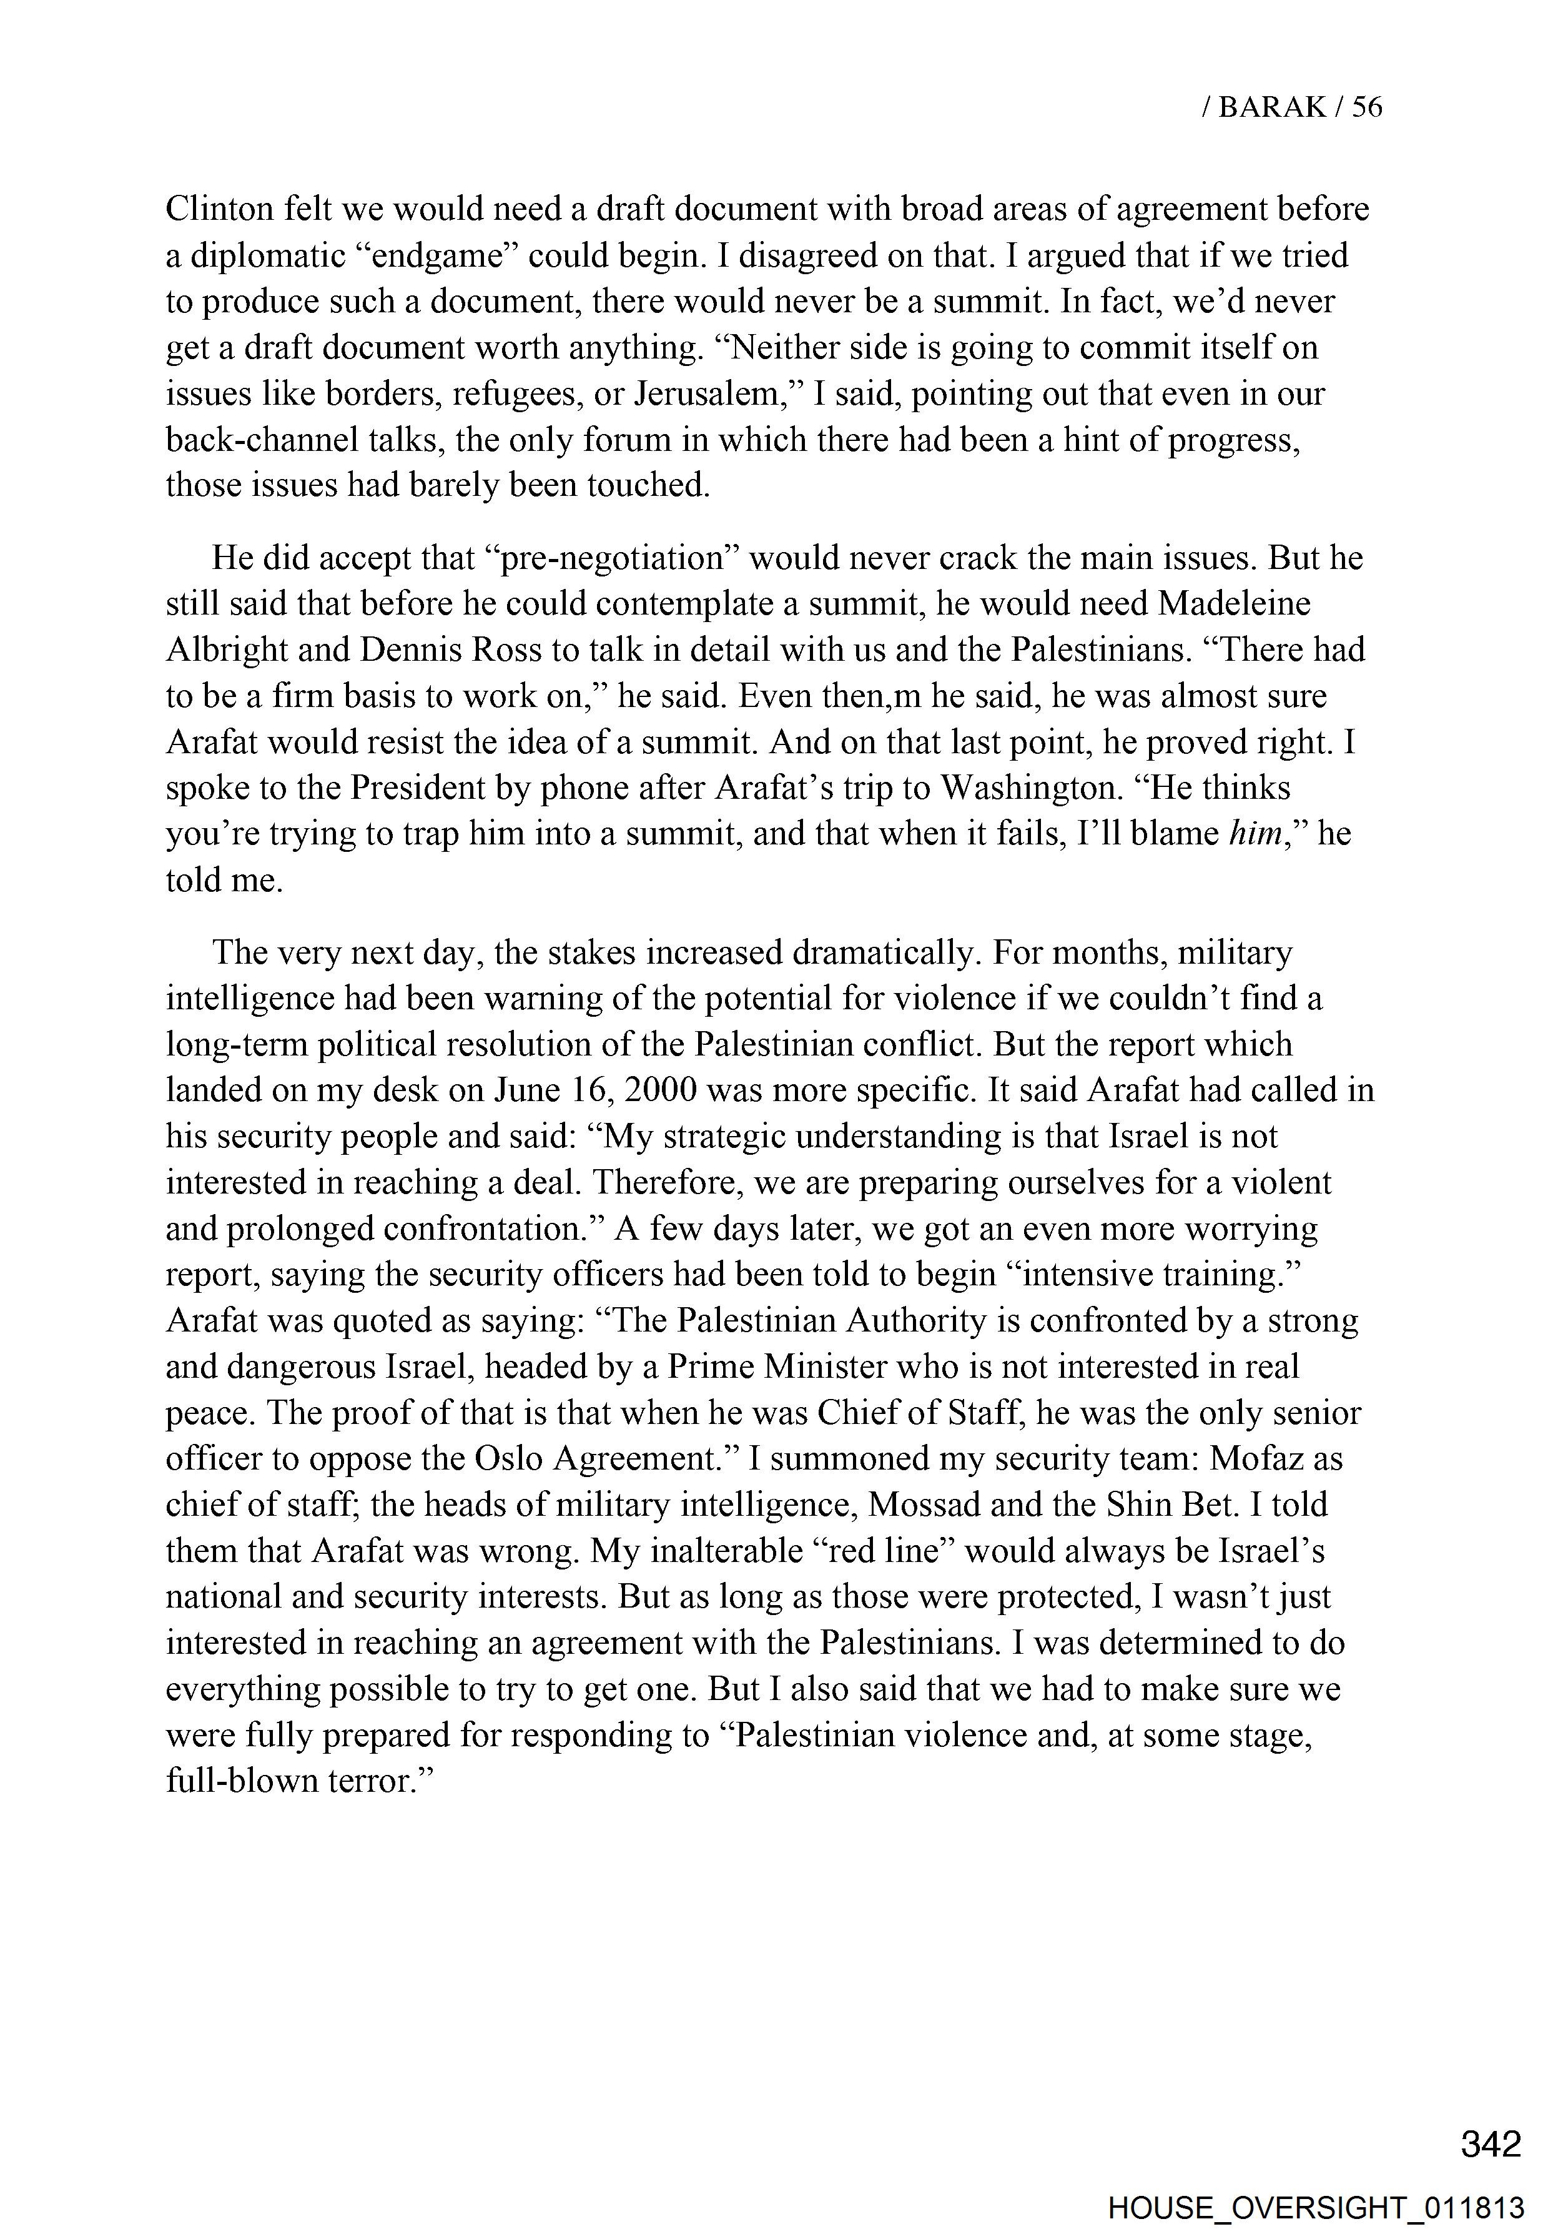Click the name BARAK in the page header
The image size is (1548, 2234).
1271,107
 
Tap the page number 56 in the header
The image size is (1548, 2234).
1367,107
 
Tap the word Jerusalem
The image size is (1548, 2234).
708,394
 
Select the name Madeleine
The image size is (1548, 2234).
1234,605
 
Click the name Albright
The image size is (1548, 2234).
226,650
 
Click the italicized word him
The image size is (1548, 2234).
1256,833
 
